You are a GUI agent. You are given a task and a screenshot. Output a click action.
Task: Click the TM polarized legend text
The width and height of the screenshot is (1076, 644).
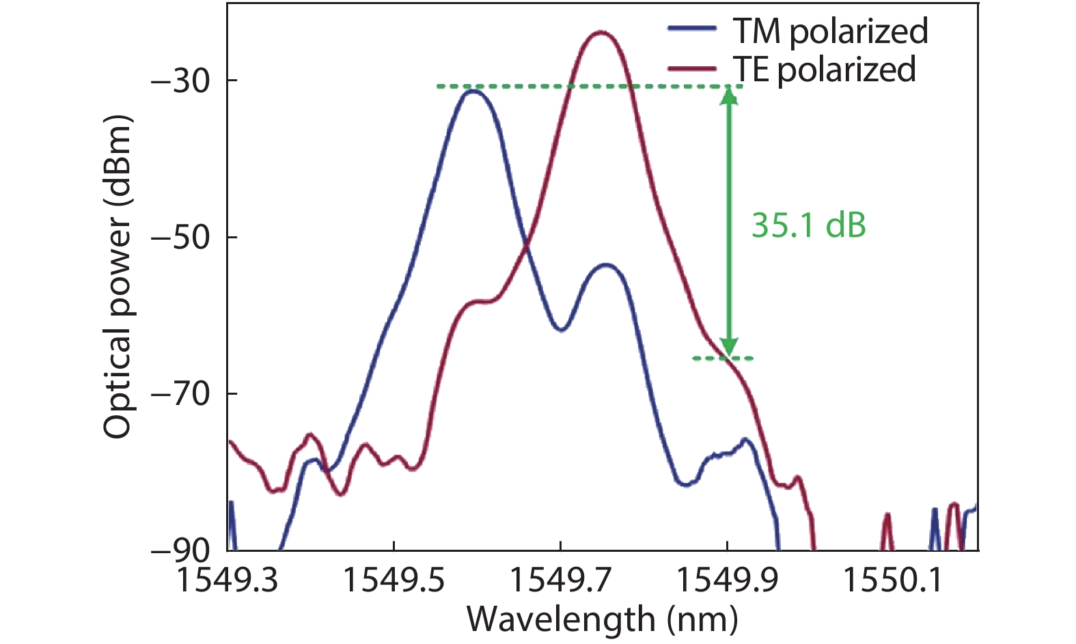(x=829, y=31)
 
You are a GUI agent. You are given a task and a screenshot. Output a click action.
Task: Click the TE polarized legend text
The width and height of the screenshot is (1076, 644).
(x=824, y=69)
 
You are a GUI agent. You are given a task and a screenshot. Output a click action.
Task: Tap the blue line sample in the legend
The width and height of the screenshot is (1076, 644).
(x=691, y=29)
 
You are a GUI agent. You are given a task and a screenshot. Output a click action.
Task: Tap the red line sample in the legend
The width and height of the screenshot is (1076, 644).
(x=691, y=68)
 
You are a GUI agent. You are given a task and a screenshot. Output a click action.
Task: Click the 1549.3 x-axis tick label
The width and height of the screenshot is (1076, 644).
(x=227, y=580)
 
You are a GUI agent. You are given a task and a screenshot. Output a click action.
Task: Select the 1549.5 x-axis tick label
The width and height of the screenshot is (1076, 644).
(x=394, y=580)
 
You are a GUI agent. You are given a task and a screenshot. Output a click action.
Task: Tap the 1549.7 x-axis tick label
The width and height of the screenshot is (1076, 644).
(x=560, y=580)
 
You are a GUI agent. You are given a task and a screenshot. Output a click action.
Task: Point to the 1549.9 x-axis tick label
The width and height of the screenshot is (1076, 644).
(x=727, y=580)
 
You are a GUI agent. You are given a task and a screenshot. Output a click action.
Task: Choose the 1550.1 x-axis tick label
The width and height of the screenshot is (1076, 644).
(x=893, y=580)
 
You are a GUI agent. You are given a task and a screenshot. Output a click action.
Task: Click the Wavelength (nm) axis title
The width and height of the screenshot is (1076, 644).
(x=602, y=620)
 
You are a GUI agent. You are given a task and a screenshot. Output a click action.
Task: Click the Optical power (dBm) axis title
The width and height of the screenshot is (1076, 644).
(x=117, y=277)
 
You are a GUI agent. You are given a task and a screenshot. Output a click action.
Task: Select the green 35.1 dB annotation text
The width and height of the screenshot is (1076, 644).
(x=808, y=225)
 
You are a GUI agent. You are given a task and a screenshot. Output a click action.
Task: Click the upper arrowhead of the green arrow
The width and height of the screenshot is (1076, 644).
(x=729, y=96)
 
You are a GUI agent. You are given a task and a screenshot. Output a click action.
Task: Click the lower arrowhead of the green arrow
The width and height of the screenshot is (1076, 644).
(x=729, y=348)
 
